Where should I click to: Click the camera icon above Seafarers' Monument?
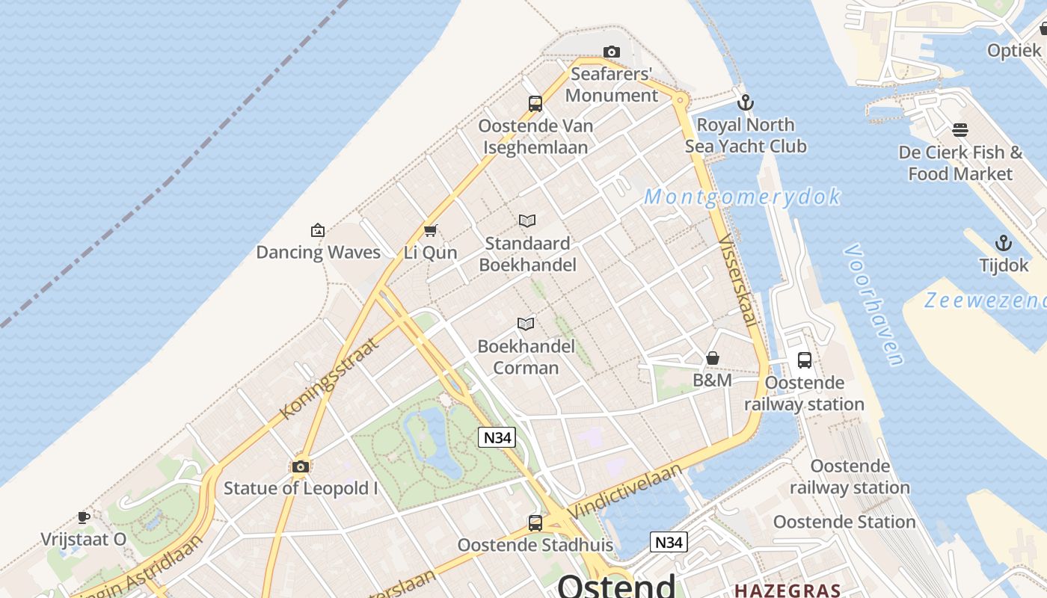click(612, 52)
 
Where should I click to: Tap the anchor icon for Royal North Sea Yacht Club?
click(745, 102)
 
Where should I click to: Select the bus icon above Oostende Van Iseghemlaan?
click(535, 104)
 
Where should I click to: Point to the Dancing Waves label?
click(319, 252)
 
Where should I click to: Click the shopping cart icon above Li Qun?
click(430, 230)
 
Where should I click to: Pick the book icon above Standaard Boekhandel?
click(527, 221)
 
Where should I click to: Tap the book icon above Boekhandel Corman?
click(526, 324)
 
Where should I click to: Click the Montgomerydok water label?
click(742, 197)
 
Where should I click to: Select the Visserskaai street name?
click(736, 280)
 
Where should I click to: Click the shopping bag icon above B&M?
click(713, 358)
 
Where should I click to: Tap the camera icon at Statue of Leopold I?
click(301, 467)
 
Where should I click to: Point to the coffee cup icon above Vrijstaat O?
click(84, 517)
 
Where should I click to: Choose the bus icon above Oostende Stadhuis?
click(535, 523)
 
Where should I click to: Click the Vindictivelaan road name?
click(625, 491)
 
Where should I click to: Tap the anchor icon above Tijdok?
click(1004, 243)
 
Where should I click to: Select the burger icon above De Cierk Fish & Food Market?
click(960, 130)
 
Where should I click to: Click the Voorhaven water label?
click(873, 304)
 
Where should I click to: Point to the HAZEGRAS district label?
click(787, 591)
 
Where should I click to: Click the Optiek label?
click(1014, 50)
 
